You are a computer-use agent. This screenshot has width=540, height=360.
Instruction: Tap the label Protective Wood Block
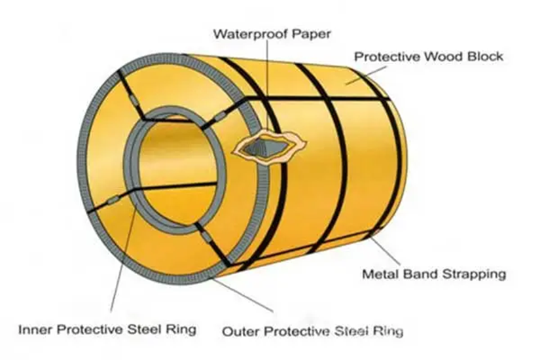tap(428, 56)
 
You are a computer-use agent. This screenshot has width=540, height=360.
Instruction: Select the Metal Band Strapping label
tap(434, 274)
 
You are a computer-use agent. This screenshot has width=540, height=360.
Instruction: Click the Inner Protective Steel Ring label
tap(107, 329)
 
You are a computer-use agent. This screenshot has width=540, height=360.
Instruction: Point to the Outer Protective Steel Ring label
tap(312, 331)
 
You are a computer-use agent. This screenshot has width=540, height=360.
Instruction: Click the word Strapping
tap(474, 274)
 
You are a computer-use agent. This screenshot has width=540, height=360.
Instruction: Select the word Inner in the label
tap(33, 329)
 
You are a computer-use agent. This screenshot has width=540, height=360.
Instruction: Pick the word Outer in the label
tap(238, 331)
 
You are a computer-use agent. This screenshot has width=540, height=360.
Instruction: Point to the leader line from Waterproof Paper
tap(268, 85)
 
